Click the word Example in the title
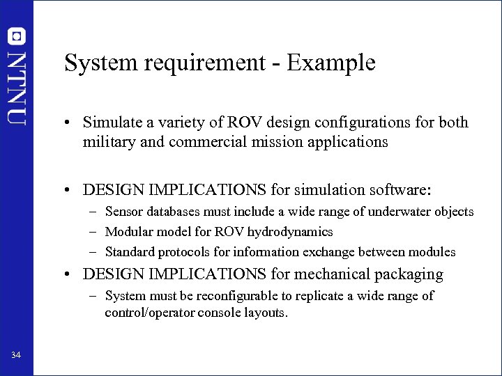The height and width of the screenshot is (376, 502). tap(331, 63)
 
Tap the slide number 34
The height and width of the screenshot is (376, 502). tap(16, 356)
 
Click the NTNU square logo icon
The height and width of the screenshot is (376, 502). tap(16, 36)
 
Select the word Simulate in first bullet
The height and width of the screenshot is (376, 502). tap(111, 123)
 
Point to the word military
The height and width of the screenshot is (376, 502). tap(107, 142)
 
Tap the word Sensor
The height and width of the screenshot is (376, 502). tap(123, 212)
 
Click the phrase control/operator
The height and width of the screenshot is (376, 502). tap(149, 313)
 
